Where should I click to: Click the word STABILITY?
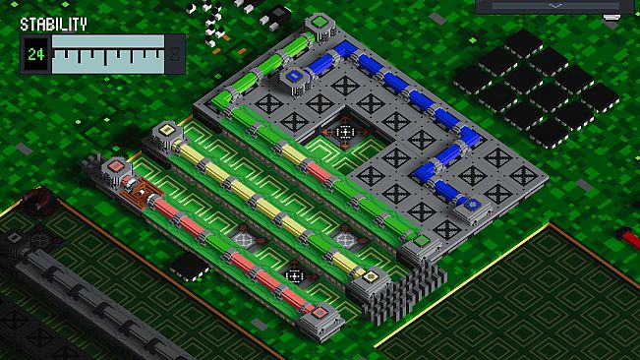[x=53, y=25]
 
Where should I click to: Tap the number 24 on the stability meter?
[x=36, y=54]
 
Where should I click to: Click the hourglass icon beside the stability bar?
[x=175, y=54]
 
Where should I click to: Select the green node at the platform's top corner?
[x=320, y=22]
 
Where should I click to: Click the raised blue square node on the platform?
[x=294, y=76]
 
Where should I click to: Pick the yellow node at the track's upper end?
[x=166, y=130]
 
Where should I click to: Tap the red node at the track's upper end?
[x=116, y=166]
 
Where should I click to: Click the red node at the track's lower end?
[x=320, y=313]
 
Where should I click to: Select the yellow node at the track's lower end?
[x=371, y=276]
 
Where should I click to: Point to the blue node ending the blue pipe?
[x=473, y=204]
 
